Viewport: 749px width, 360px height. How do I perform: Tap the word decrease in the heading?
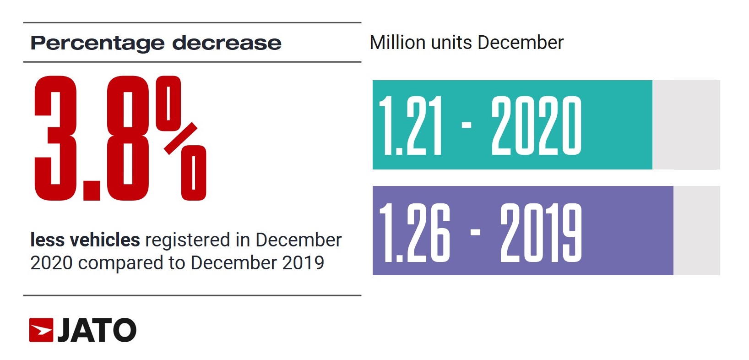pyautogui.click(x=227, y=43)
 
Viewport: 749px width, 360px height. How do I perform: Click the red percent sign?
pyautogui.click(x=181, y=138)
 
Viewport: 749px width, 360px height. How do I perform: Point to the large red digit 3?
pyautogui.click(x=55, y=138)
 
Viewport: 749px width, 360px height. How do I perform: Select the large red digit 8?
pyautogui.click(x=128, y=138)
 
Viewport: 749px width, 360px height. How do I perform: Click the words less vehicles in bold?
pyautogui.click(x=85, y=240)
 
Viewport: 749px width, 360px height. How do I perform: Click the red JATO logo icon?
pyautogui.click(x=41, y=330)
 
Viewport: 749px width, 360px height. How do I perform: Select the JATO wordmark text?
pyautogui.click(x=97, y=330)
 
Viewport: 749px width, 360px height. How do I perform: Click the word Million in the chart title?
pyautogui.click(x=397, y=43)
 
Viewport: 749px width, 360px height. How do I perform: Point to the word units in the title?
pyautogui.click(x=451, y=43)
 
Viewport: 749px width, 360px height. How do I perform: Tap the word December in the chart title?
pyautogui.click(x=520, y=43)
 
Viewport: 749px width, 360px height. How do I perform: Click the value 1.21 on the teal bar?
pyautogui.click(x=411, y=125)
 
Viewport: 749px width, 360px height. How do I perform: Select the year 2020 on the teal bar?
pyautogui.click(x=536, y=125)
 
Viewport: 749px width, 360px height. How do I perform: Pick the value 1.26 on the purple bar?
pyautogui.click(x=414, y=232)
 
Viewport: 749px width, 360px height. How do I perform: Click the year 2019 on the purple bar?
pyautogui.click(x=541, y=232)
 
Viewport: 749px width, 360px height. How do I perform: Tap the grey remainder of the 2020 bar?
pyautogui.click(x=686, y=125)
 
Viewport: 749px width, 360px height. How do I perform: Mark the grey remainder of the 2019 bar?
pyautogui.click(x=696, y=230)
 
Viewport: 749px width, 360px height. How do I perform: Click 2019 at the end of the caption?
pyautogui.click(x=303, y=263)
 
